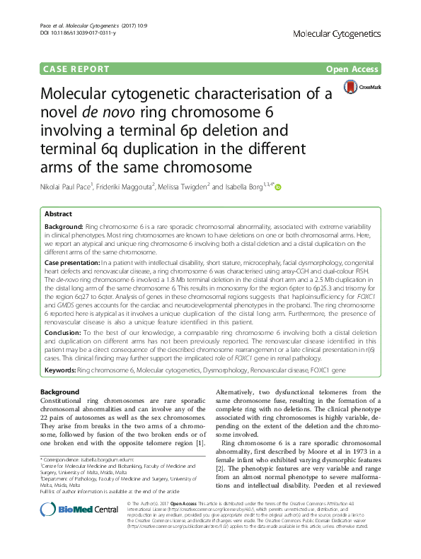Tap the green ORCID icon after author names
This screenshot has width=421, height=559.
(278, 187)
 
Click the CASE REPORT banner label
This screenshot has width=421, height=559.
(77, 69)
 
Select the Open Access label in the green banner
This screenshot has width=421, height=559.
(352, 69)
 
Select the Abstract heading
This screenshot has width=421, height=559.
(58, 213)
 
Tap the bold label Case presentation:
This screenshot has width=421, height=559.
(76, 261)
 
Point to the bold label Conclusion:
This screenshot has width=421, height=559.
(64, 331)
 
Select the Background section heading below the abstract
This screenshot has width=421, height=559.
(60, 392)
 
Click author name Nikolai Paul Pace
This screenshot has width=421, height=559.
(73, 187)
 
